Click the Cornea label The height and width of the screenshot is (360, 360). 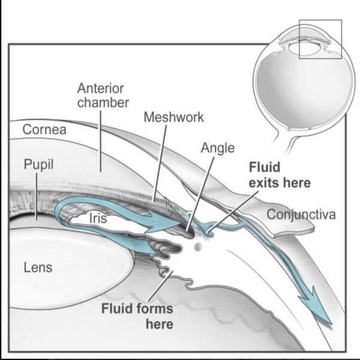pyautogui.click(x=44, y=129)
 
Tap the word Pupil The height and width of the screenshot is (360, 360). pyautogui.click(x=38, y=165)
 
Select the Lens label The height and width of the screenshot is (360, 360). pyautogui.click(x=38, y=268)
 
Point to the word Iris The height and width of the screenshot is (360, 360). pyautogui.click(x=98, y=218)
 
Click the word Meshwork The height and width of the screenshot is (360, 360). pyautogui.click(x=174, y=117)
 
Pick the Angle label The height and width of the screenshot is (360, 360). pyautogui.click(x=217, y=149)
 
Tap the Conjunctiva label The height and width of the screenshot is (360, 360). pyautogui.click(x=301, y=215)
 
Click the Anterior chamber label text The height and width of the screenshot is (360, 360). pyautogui.click(x=103, y=95)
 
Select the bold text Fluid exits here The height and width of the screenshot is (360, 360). pyautogui.click(x=280, y=175)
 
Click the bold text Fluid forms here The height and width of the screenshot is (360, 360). pyautogui.click(x=137, y=316)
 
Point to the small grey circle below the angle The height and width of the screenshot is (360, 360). pyautogui.click(x=198, y=247)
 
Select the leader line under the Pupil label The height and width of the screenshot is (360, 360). pyautogui.click(x=37, y=196)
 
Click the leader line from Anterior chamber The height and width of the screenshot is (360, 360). pyautogui.click(x=101, y=141)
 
